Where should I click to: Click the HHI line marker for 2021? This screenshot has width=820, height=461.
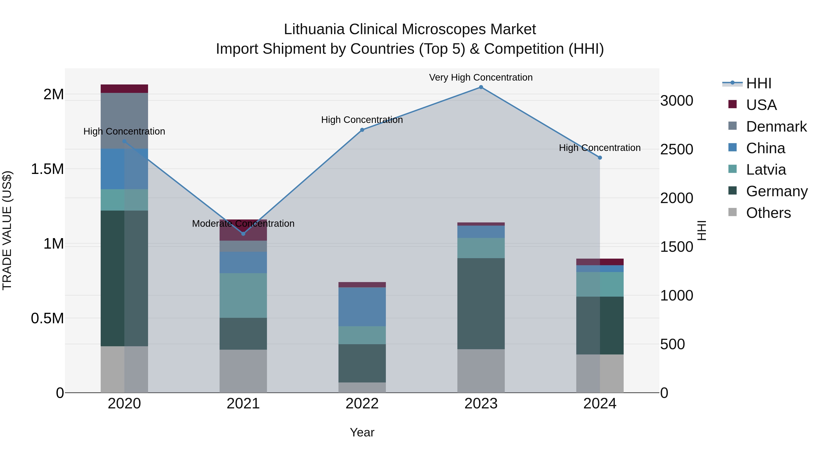point(243,234)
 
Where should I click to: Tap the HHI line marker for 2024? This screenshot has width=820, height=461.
point(600,158)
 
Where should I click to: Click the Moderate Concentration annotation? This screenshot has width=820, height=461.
point(243,224)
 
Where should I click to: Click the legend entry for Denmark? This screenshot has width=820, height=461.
point(776,127)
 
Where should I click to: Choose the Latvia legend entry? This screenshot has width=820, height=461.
point(766,170)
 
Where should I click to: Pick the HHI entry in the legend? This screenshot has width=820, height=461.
point(758,83)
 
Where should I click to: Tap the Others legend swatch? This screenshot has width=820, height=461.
point(733,212)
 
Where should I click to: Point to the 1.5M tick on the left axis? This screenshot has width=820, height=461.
point(47,169)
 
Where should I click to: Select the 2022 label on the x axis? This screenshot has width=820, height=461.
point(362,404)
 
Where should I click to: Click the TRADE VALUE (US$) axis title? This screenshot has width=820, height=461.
point(7,230)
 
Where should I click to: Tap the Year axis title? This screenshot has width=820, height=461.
point(362,432)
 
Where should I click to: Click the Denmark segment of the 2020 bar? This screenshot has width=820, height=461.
point(124,121)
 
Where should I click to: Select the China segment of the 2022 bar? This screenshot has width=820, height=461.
point(362,307)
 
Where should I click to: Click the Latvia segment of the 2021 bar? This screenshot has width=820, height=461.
point(243,295)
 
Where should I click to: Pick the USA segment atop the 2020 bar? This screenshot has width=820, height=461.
point(124,89)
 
